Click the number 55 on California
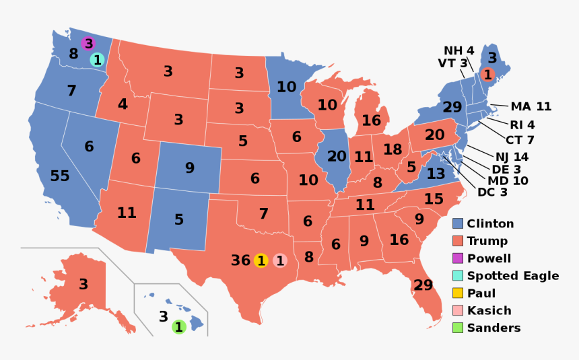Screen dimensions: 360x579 tap(60, 176)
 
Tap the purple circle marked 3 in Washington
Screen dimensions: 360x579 tap(88, 44)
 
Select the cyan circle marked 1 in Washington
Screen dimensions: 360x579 tap(97, 60)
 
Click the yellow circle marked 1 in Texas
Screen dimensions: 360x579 tap(261, 260)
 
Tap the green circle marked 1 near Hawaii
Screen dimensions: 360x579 tap(179, 328)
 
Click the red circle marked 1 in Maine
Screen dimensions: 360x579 tap(487, 75)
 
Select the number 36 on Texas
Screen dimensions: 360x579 tap(240, 260)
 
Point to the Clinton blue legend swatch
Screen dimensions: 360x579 tap(458, 223)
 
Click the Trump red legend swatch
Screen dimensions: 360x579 tap(458, 241)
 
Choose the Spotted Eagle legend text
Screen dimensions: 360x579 tap(513, 276)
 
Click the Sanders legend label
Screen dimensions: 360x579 tap(493, 328)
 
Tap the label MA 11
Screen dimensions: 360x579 tap(531, 106)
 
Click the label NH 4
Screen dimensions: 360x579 tap(458, 50)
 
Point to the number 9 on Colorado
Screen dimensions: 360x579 tap(189, 168)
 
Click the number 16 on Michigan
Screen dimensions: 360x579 tap(371, 120)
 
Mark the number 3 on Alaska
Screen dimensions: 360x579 tap(83, 285)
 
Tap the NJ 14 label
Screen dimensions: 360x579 tap(512, 157)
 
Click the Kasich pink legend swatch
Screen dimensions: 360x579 tap(458, 311)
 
